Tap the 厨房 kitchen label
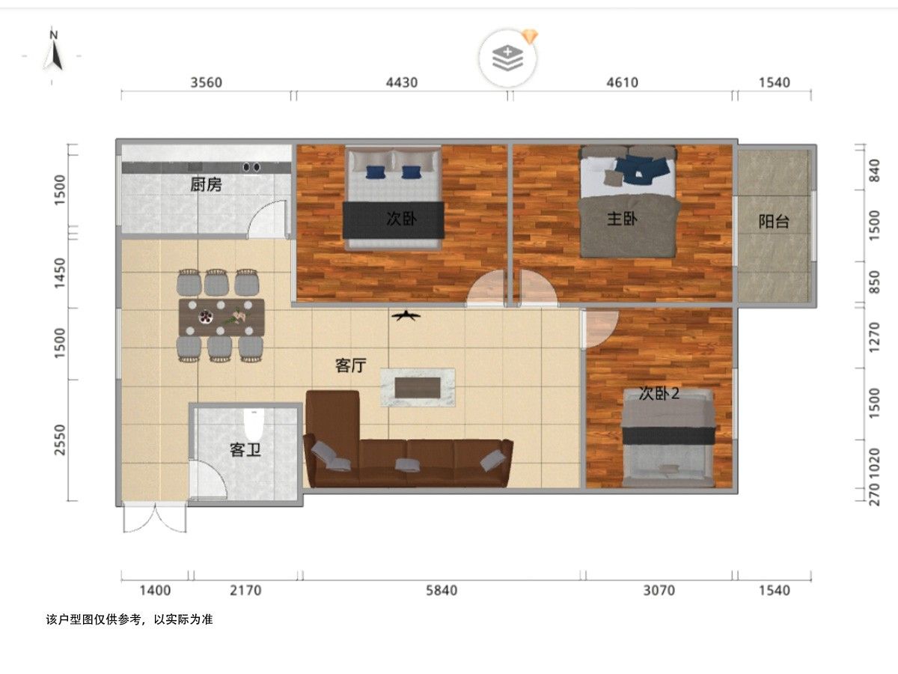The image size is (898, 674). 206,184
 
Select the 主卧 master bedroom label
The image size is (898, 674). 622,219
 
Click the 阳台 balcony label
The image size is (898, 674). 774,222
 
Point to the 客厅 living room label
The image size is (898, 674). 351,365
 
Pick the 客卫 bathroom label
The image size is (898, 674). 245,450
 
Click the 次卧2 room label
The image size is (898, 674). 659,394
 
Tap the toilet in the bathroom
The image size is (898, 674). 253,424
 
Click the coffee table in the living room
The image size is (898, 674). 418,387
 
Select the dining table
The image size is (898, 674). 222,317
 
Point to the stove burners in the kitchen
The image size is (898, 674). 251,167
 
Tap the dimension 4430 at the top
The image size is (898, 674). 402,82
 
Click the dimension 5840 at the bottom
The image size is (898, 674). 442,591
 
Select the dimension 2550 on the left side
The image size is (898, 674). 60,440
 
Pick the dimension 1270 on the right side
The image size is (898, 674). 874,338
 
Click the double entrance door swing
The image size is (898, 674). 155,519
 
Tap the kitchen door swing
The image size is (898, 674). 266,219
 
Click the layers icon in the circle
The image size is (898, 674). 507,58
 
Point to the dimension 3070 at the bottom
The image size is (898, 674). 659,591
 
